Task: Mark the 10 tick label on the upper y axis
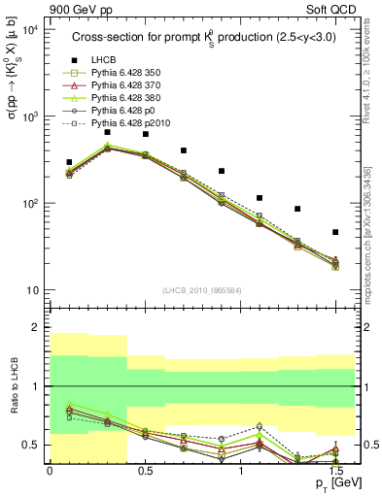29,291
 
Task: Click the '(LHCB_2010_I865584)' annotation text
199,290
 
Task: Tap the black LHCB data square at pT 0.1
69,162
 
